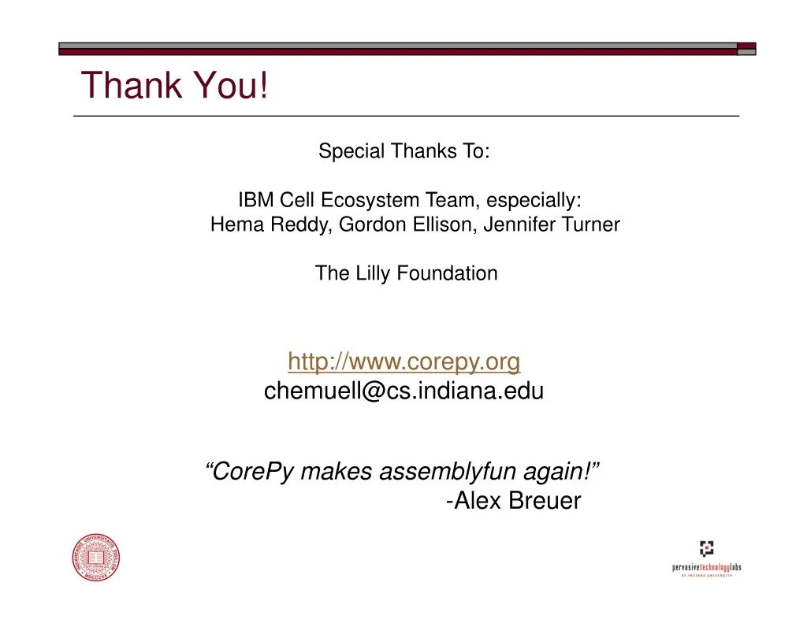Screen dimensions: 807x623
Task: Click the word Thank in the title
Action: point(132,85)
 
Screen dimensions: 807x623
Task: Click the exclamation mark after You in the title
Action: point(263,85)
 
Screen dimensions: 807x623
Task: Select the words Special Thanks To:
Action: point(404,151)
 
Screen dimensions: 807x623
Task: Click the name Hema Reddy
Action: point(271,224)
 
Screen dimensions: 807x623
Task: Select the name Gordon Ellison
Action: point(407,224)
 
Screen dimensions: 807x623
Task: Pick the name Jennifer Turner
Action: point(552,224)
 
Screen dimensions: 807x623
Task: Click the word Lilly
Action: point(373,273)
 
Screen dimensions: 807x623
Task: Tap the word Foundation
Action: point(448,273)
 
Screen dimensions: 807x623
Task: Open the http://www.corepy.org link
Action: point(404,362)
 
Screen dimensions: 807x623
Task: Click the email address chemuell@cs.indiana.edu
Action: point(404,391)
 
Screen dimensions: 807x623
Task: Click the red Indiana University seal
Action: point(96,558)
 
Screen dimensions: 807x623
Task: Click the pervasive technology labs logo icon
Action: point(707,548)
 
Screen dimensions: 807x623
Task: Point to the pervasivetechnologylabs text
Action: point(707,567)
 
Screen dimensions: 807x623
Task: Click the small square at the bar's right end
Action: point(746,49)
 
